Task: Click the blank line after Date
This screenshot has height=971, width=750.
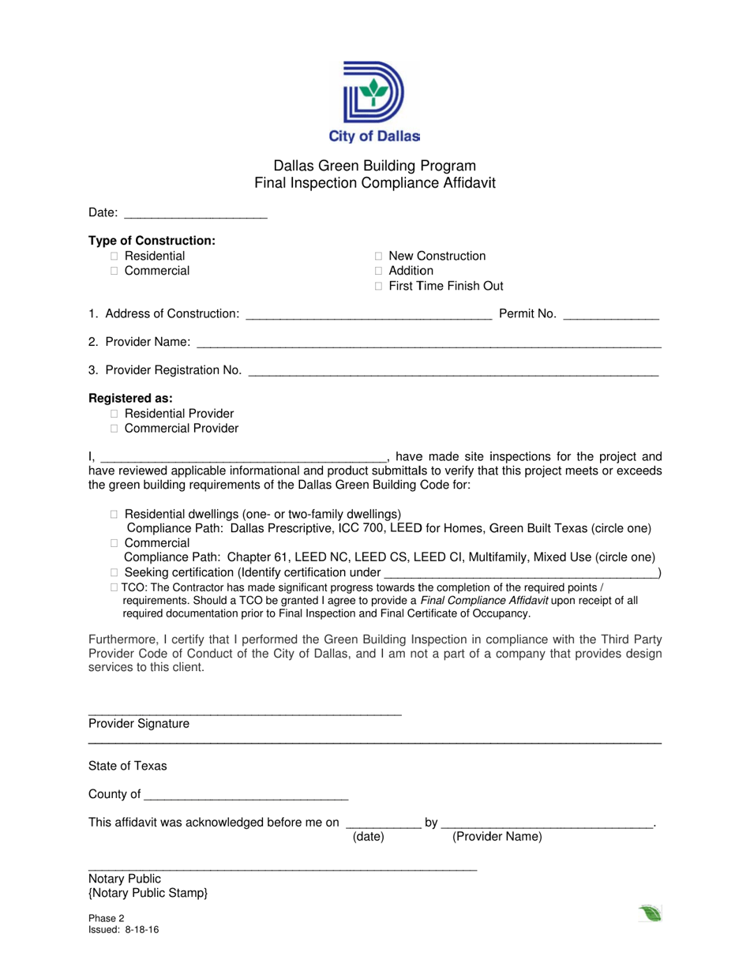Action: [x=196, y=213]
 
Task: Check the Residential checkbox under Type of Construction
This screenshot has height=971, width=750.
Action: [x=114, y=257]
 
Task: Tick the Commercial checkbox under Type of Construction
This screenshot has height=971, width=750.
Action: [x=114, y=272]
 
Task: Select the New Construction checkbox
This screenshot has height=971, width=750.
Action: [x=379, y=257]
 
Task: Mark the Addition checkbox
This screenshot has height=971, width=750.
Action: [x=379, y=272]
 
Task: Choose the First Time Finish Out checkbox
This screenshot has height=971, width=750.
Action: [x=379, y=287]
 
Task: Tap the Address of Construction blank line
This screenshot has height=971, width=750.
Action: [x=369, y=315]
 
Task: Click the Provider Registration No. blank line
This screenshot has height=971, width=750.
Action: [x=453, y=371]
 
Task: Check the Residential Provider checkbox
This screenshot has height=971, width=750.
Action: [x=114, y=414]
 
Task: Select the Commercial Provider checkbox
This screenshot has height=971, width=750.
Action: [x=114, y=429]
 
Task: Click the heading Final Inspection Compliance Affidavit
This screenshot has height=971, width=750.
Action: [x=374, y=183]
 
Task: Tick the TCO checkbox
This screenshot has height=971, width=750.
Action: [x=114, y=587]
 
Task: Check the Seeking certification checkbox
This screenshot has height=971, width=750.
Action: [x=114, y=572]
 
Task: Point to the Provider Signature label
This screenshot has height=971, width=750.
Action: [x=139, y=724]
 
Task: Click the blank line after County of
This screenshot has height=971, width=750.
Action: [x=246, y=795]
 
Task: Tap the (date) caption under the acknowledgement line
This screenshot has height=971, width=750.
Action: [x=368, y=837]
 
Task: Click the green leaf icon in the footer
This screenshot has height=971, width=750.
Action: [x=650, y=914]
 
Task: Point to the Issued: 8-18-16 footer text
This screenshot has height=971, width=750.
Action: [x=124, y=931]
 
